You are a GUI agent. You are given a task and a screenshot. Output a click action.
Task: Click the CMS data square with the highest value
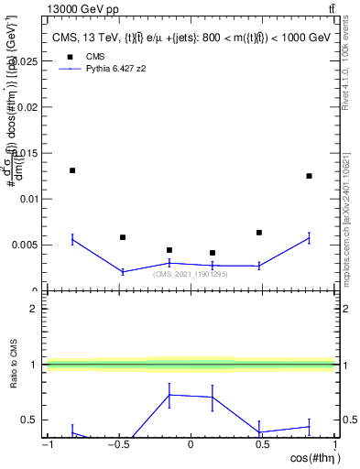point(72,170)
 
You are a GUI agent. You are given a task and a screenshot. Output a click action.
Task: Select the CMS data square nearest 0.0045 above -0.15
point(169,250)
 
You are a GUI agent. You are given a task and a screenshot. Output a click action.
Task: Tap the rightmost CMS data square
point(310,176)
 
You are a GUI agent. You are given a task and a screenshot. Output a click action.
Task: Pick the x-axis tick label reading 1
point(333,446)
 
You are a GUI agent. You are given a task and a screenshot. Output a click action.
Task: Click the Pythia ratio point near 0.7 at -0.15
point(169,395)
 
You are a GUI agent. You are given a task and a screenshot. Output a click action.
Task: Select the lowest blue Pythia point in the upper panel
point(123,271)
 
